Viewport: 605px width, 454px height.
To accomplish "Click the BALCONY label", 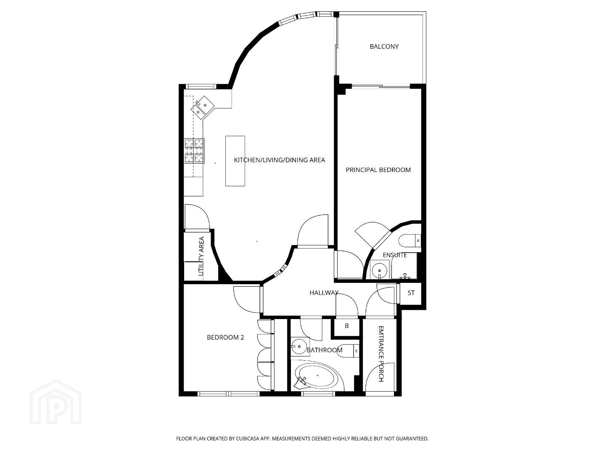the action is coord(384,47).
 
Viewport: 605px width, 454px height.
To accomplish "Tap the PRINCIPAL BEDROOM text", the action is coord(378,170).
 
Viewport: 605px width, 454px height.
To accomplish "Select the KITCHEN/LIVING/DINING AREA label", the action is coord(279,160).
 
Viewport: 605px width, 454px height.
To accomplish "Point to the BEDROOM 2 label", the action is coord(225,338).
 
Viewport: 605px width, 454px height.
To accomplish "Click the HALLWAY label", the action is coord(324,293).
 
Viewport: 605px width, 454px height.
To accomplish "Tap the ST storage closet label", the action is coord(411,293).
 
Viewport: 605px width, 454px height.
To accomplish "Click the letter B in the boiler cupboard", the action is coord(346,326).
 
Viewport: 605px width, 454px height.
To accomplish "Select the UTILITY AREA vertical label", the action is coord(201,256).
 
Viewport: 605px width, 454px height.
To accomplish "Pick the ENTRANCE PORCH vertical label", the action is coord(380,354).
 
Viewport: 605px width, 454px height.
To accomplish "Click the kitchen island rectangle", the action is coord(235,161).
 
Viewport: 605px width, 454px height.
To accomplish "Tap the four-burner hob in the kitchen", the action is coord(194,150).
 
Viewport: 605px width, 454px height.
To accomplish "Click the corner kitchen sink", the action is coord(203,108).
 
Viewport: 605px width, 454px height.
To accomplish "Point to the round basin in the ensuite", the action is coord(380,270).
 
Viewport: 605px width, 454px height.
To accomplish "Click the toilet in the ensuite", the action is coord(409,241).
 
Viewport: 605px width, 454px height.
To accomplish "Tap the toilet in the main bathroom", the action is coord(348,351).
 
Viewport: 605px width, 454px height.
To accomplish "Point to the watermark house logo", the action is coord(55,402).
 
